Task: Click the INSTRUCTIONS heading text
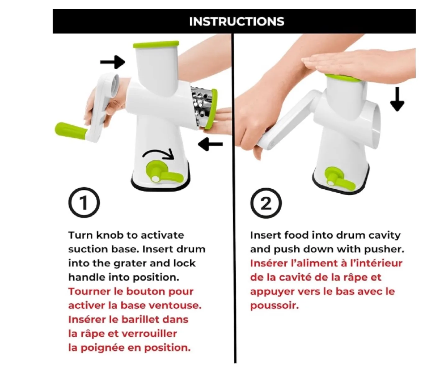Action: pyautogui.click(x=236, y=21)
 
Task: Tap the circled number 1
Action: pyautogui.click(x=84, y=202)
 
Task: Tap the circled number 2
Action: pyautogui.click(x=266, y=203)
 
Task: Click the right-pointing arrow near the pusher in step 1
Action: pyautogui.click(x=113, y=62)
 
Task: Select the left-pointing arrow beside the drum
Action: pyautogui.click(x=210, y=144)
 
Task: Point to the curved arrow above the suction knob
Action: pyautogui.click(x=158, y=153)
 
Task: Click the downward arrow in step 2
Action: pyautogui.click(x=397, y=99)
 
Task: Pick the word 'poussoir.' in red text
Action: pyautogui.click(x=274, y=306)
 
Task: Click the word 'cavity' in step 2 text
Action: pyautogui.click(x=385, y=235)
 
